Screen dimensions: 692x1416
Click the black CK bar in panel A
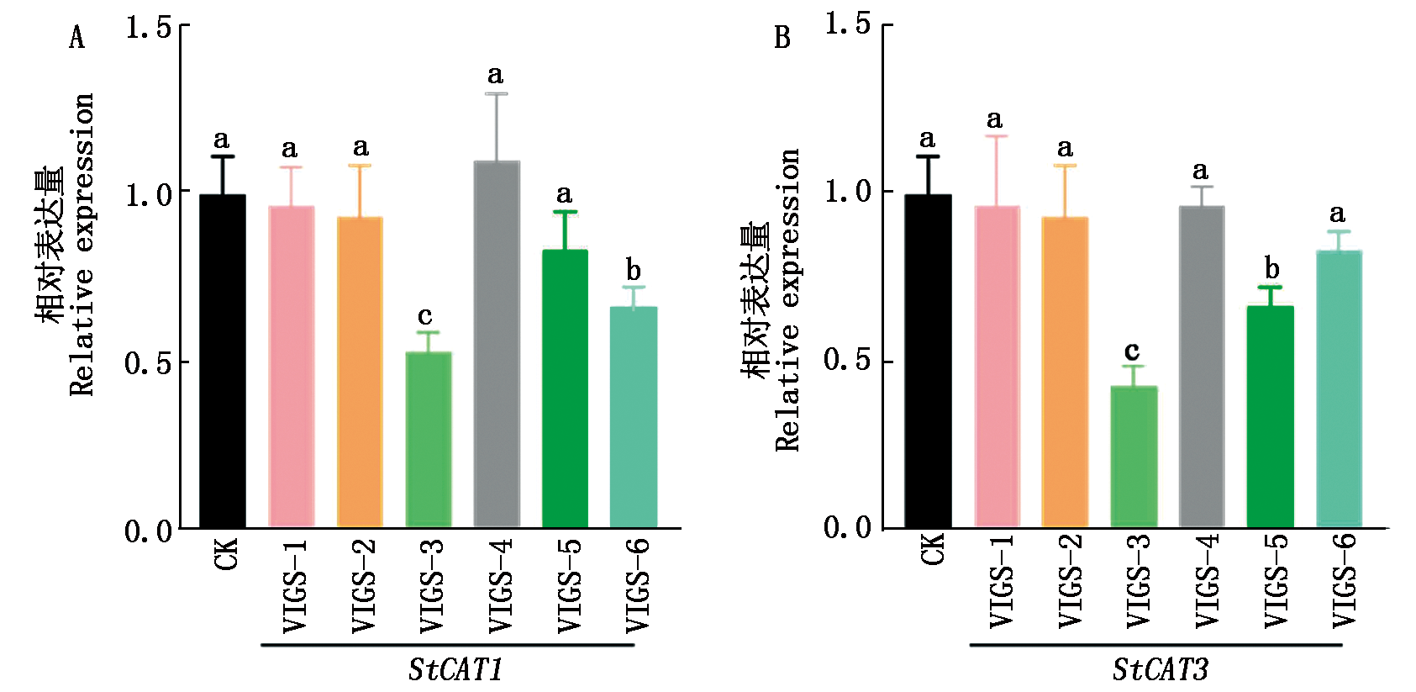tap(223, 362)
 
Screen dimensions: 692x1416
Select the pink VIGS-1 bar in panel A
tap(291, 367)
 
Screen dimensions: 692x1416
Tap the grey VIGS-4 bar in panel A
tap(497, 345)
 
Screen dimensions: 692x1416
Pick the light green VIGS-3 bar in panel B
tap(1134, 457)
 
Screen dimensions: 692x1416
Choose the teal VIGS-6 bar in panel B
tap(1339, 389)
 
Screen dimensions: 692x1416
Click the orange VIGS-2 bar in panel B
tap(1065, 372)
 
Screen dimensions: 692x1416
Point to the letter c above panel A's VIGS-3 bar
tap(425, 316)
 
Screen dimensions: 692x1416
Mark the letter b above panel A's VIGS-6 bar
tap(634, 271)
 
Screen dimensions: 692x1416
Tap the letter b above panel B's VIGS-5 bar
tap(1272, 269)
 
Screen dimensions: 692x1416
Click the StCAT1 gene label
tap(455, 670)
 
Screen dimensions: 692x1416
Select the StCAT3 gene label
tap(1161, 670)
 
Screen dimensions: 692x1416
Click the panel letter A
tap(77, 38)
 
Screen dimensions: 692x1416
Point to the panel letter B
tap(782, 38)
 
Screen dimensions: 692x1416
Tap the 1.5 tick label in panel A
tap(148, 28)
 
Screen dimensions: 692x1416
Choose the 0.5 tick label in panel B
tap(847, 361)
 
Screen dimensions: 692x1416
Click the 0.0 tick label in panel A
tap(148, 531)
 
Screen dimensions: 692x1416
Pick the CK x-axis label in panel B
tap(933, 550)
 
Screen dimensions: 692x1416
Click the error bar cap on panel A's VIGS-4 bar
tap(497, 94)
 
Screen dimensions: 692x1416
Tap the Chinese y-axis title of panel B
tap(755, 299)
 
